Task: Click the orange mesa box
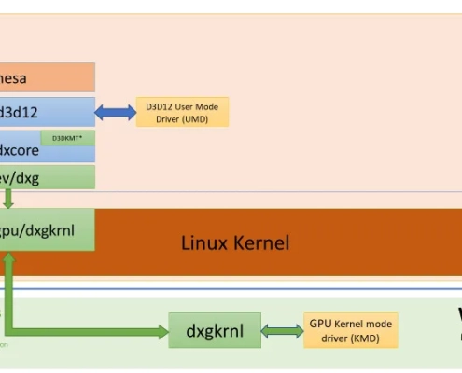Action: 47,78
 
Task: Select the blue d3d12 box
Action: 47,112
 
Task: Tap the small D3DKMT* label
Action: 66,137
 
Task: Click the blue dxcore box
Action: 28,148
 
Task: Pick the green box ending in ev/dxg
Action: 47,177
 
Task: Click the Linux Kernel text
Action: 234,243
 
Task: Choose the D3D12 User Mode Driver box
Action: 182,113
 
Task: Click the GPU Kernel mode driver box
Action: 350,330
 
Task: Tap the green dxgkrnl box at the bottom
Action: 215,330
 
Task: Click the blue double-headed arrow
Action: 115,113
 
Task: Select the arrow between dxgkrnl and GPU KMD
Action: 282,330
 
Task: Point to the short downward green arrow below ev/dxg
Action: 7,199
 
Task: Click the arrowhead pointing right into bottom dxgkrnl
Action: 161,330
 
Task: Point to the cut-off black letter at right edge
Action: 458,313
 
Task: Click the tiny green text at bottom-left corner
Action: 4,343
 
